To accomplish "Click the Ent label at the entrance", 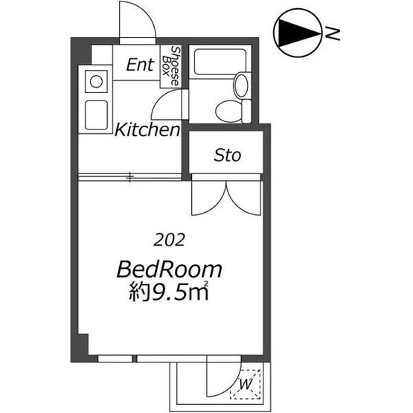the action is (x=140, y=65).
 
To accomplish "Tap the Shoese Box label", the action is (x=170, y=65).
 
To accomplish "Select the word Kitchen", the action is (x=147, y=129).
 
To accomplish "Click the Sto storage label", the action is (x=227, y=155).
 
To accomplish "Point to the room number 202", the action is (x=169, y=240).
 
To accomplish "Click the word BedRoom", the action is (x=170, y=269).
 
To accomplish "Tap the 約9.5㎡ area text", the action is (x=169, y=292).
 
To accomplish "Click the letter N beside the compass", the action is (x=332, y=33).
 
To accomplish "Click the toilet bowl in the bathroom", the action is (x=228, y=111).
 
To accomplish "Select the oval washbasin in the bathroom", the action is (x=241, y=85).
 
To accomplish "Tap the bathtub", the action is (x=220, y=62).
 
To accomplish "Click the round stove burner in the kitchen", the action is (x=96, y=82).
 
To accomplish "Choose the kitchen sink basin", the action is (x=97, y=115).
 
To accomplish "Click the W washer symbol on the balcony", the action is (x=246, y=384).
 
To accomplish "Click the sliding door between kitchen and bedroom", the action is (x=129, y=177).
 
